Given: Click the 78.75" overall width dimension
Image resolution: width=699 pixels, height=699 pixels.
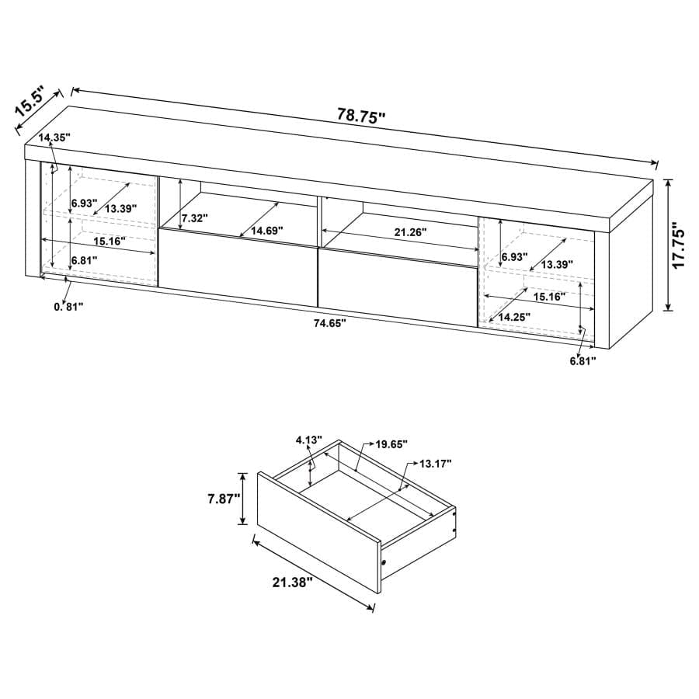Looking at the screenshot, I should click(361, 116).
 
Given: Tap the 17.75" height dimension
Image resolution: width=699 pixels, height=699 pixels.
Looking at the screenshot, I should click(680, 245).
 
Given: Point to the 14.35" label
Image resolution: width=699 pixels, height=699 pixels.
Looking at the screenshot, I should click(55, 137).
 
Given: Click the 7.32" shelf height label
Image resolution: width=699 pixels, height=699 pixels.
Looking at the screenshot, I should click(195, 219).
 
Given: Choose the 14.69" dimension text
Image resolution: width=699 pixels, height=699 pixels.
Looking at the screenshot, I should click(262, 231).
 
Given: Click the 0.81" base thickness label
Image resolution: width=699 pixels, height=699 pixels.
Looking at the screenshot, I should click(69, 306).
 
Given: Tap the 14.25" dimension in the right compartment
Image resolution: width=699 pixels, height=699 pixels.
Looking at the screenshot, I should click(515, 316).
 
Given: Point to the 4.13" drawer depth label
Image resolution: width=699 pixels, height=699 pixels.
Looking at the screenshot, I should click(308, 440).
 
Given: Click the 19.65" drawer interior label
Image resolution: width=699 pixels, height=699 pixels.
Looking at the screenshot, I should click(392, 444).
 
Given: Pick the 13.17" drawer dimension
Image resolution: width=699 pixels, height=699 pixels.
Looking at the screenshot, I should click(435, 464).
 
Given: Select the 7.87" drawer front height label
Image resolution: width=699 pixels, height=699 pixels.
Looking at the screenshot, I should click(224, 499).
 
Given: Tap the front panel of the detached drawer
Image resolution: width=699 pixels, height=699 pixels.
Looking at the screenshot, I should click(318, 540).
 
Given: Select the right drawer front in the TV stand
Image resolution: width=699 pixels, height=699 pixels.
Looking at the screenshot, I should click(397, 284).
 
